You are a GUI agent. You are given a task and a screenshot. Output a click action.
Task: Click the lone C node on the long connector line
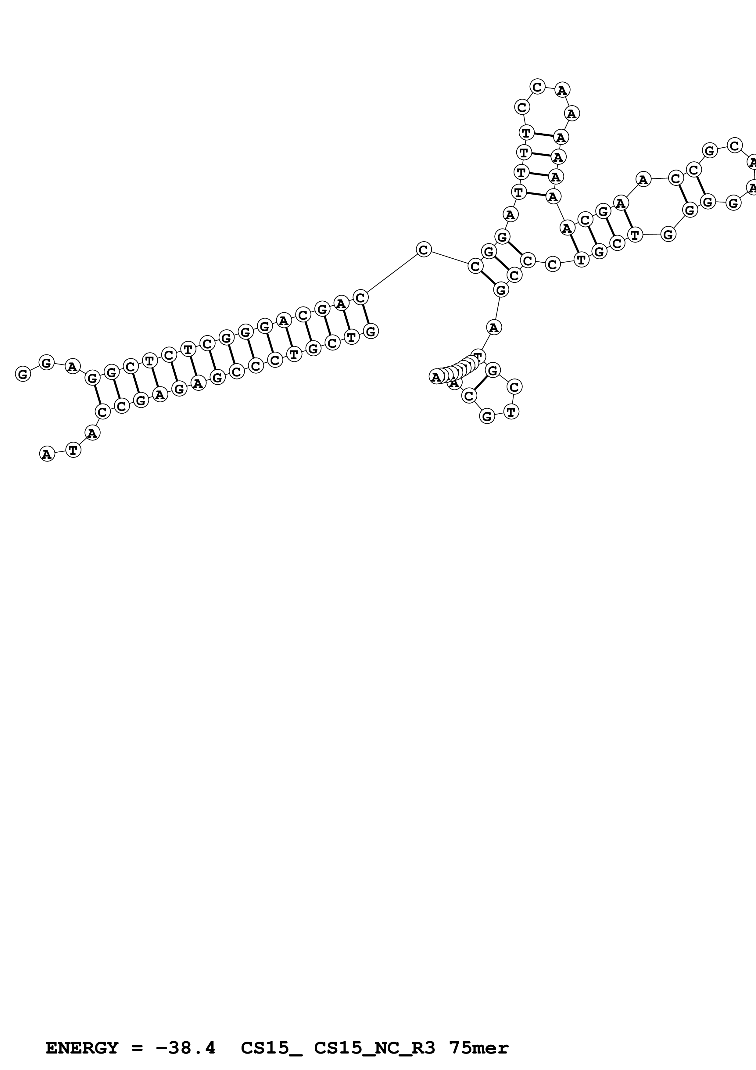click(x=423, y=249)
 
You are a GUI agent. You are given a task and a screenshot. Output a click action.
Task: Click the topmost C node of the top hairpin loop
click(x=538, y=87)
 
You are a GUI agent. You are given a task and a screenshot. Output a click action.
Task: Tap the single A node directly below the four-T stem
click(x=511, y=214)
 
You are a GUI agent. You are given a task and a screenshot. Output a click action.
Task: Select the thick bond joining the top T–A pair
click(x=543, y=135)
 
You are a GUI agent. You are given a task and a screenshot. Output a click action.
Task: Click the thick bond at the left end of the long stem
click(x=97, y=394)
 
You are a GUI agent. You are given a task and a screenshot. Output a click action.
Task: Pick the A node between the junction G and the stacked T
click(x=494, y=327)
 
